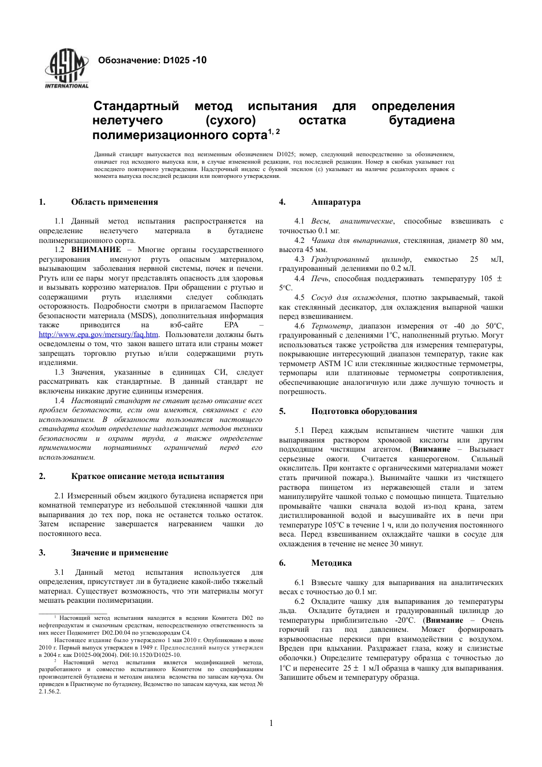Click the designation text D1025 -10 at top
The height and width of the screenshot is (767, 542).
click(152, 60)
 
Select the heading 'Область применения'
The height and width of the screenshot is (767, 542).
click(114, 202)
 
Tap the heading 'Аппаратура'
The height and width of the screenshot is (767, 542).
click(335, 202)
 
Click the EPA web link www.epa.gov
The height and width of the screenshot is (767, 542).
click(99, 335)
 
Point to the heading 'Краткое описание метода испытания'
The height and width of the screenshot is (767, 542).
click(147, 476)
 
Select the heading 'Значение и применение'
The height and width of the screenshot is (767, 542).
click(119, 553)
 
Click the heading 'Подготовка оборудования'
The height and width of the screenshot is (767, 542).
click(364, 411)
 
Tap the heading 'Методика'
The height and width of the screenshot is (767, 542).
click(331, 563)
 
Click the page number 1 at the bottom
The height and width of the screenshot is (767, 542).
click(271, 724)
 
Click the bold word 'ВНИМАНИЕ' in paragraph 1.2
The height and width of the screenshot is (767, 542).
click(96, 250)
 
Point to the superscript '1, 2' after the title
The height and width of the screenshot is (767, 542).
click(274, 132)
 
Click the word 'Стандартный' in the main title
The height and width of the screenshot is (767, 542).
click(136, 106)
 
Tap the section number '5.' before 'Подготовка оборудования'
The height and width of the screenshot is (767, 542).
click(282, 411)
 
